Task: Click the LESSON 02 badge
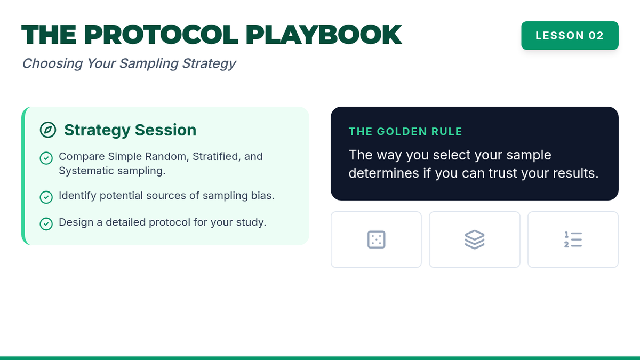click(x=570, y=35)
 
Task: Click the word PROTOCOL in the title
click(x=161, y=35)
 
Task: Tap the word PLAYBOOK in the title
click(x=324, y=35)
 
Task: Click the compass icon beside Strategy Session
click(x=47, y=130)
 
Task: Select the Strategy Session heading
click(x=130, y=130)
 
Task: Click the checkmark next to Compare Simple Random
click(x=46, y=158)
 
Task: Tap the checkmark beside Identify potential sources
click(x=46, y=197)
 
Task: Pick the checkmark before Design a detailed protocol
click(x=46, y=223)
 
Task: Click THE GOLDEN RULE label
click(x=405, y=131)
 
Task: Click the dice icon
click(x=377, y=239)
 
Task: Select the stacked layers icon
click(x=475, y=239)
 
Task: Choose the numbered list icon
click(x=573, y=239)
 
